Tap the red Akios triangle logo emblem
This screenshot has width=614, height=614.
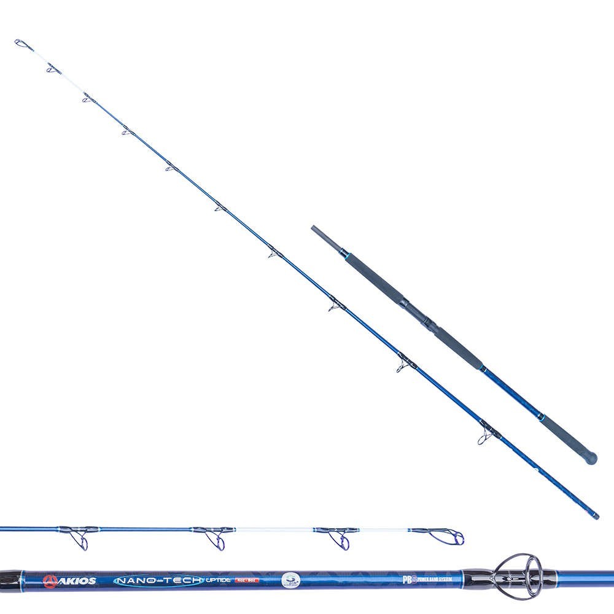point(49,578)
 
